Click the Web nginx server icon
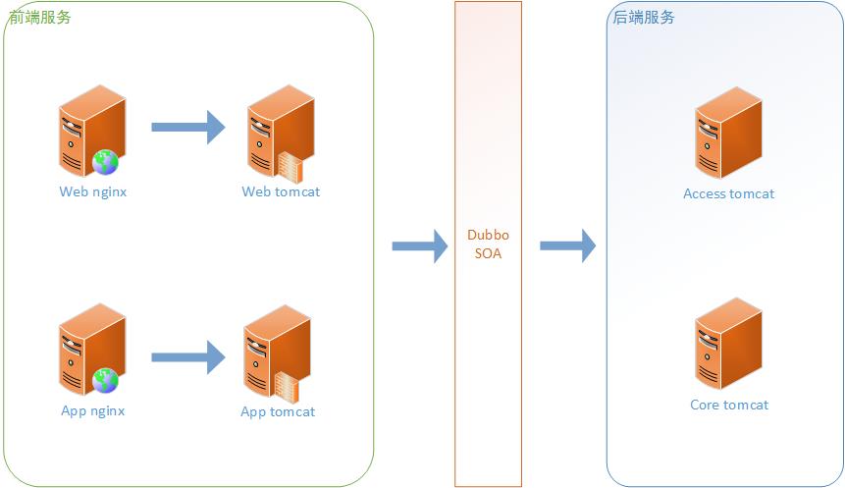pyautogui.click(x=92, y=131)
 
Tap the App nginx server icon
pyautogui.click(x=92, y=349)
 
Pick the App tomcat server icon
pyautogui.click(x=277, y=354)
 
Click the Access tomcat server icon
pyautogui.click(x=728, y=133)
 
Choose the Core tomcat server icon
pyautogui.click(x=728, y=344)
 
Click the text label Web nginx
pyautogui.click(x=92, y=192)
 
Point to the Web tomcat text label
pyautogui.click(x=281, y=192)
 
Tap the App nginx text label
pyautogui.click(x=92, y=410)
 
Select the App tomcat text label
pyautogui.click(x=278, y=412)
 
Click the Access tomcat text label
pyautogui.click(x=728, y=194)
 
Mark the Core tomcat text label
pyautogui.click(x=729, y=405)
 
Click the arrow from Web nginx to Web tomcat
pyautogui.click(x=188, y=128)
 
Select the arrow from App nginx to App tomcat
pyautogui.click(x=188, y=357)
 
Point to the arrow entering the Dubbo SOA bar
pyautogui.click(x=420, y=245)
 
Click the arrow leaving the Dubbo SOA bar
pyautogui.click(x=568, y=245)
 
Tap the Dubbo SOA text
pyautogui.click(x=488, y=244)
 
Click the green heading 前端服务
pyautogui.click(x=40, y=18)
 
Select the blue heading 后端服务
pyautogui.click(x=644, y=18)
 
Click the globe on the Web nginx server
pyautogui.click(x=105, y=162)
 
